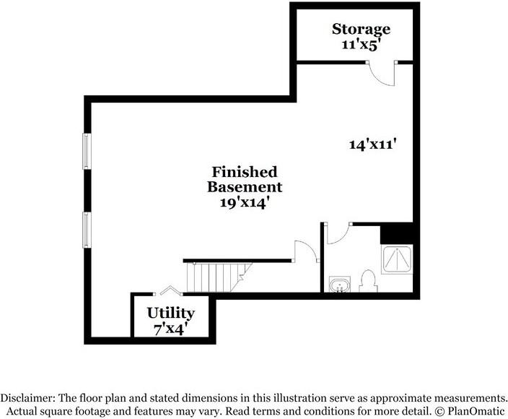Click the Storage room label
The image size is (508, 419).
361,30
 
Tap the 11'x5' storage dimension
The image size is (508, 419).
360,45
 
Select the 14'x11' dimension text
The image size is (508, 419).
373,144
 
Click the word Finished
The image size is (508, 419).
245,172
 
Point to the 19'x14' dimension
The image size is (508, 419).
245,203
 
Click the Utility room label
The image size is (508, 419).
171,314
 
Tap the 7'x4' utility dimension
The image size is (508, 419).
171,329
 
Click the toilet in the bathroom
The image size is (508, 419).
368,281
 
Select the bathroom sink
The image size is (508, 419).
340,285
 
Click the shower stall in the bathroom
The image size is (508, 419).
397,259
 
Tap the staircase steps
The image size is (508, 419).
218,277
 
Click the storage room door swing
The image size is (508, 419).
382,73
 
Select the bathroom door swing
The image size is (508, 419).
338,233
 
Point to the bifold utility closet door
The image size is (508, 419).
168,290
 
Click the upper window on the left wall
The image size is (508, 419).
87,152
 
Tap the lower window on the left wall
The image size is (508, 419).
87,230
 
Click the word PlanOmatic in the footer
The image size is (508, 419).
476,411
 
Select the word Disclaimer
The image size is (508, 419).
27,397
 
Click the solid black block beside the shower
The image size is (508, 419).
397,233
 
